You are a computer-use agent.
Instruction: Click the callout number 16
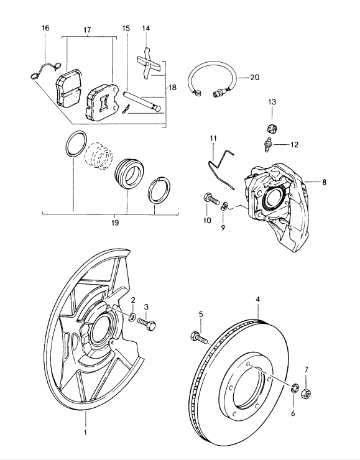45,28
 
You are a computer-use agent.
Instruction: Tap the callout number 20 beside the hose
255,78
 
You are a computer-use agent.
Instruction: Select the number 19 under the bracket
115,223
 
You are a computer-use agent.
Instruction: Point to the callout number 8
324,182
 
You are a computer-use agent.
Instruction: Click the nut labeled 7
306,392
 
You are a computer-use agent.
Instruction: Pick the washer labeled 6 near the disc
294,388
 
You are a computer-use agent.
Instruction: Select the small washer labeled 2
132,317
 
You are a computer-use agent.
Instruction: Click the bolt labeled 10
211,199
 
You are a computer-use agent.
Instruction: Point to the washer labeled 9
224,206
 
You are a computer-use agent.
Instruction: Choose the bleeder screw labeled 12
267,144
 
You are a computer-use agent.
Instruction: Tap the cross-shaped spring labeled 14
150,63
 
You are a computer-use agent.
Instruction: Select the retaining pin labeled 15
142,100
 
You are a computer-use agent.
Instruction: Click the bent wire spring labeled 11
219,168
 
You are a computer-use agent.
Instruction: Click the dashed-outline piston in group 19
99,156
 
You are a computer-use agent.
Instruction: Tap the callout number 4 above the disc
257,299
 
